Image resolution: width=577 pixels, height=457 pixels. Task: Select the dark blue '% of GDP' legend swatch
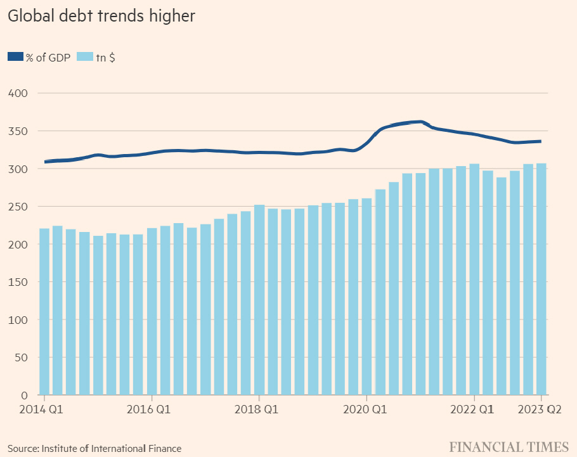click(x=15, y=57)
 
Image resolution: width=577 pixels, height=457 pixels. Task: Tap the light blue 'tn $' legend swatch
click(x=84, y=57)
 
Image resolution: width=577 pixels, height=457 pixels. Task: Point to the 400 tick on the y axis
click(x=19, y=93)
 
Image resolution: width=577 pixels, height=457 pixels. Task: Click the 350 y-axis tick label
click(x=19, y=131)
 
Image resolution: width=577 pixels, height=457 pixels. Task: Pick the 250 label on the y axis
click(x=19, y=207)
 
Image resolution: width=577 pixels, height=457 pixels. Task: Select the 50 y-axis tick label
click(x=22, y=357)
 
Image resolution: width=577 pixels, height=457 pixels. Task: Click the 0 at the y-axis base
click(x=24, y=396)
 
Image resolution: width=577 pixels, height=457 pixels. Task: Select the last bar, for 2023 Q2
click(x=541, y=280)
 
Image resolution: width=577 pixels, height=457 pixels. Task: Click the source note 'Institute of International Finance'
click(x=112, y=448)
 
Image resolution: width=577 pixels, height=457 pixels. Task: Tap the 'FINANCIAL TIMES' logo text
click(x=509, y=447)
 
